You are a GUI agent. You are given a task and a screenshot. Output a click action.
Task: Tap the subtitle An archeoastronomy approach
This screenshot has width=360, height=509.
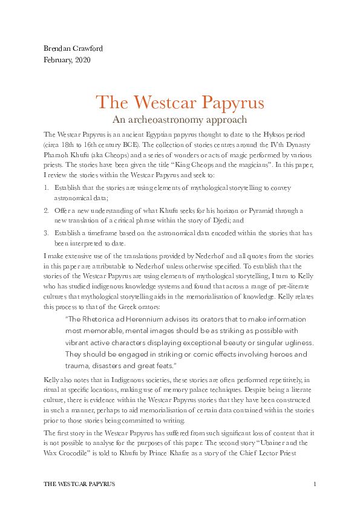click(x=180, y=120)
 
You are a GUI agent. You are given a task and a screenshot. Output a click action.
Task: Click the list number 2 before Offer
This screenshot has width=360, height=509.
click(x=47, y=210)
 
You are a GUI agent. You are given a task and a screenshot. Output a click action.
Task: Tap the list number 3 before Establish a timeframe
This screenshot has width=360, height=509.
click(x=47, y=232)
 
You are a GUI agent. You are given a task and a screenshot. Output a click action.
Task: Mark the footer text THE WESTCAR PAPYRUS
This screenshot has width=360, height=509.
click(x=80, y=485)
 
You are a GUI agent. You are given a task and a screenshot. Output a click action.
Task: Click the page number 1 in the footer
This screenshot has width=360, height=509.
click(x=315, y=485)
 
